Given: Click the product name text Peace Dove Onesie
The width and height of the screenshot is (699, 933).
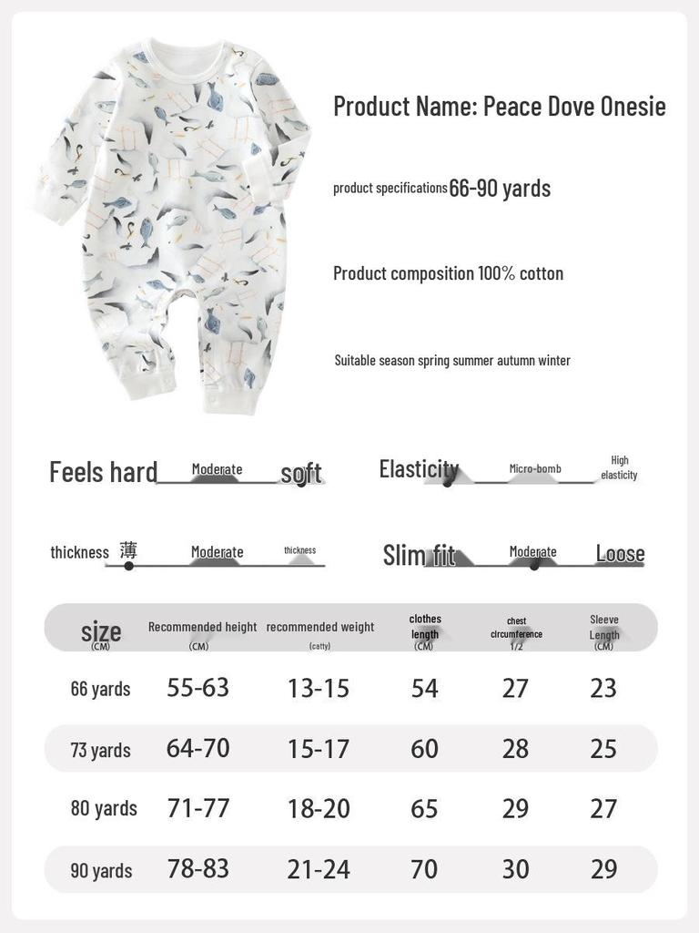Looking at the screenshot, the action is point(499,107).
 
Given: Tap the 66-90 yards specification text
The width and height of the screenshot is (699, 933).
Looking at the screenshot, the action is point(500,189).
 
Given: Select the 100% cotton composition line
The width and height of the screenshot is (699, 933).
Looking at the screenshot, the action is point(448,273).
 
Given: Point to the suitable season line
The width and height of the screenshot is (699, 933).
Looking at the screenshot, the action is point(452,361).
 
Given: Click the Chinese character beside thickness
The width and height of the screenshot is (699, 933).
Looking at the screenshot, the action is point(128,550).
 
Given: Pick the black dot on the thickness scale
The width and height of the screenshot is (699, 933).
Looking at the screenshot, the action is point(128,566).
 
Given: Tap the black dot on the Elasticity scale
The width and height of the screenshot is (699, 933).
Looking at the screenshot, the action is point(447,482).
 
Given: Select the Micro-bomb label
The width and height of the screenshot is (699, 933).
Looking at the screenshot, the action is point(535,469).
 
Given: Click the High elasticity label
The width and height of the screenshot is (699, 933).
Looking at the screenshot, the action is point(619,468).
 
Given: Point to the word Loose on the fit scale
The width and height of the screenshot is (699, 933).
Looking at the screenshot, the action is point(620,554).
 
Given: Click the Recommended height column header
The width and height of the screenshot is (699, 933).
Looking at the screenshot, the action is point(202,628).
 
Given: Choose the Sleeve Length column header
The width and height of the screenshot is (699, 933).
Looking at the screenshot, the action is point(603,628).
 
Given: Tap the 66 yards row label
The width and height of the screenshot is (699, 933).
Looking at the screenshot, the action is point(100,689).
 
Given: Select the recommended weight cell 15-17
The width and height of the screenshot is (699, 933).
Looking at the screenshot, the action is point(319,749).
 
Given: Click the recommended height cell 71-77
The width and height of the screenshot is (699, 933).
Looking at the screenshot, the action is point(198,808).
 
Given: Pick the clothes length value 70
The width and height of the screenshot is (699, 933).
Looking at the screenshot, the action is point(424,869).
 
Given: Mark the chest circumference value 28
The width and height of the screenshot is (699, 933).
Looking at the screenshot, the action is point(515,749).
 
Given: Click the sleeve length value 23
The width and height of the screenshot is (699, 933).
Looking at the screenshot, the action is point(603,688).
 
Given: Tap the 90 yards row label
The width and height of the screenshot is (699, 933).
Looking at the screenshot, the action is point(101,871).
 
